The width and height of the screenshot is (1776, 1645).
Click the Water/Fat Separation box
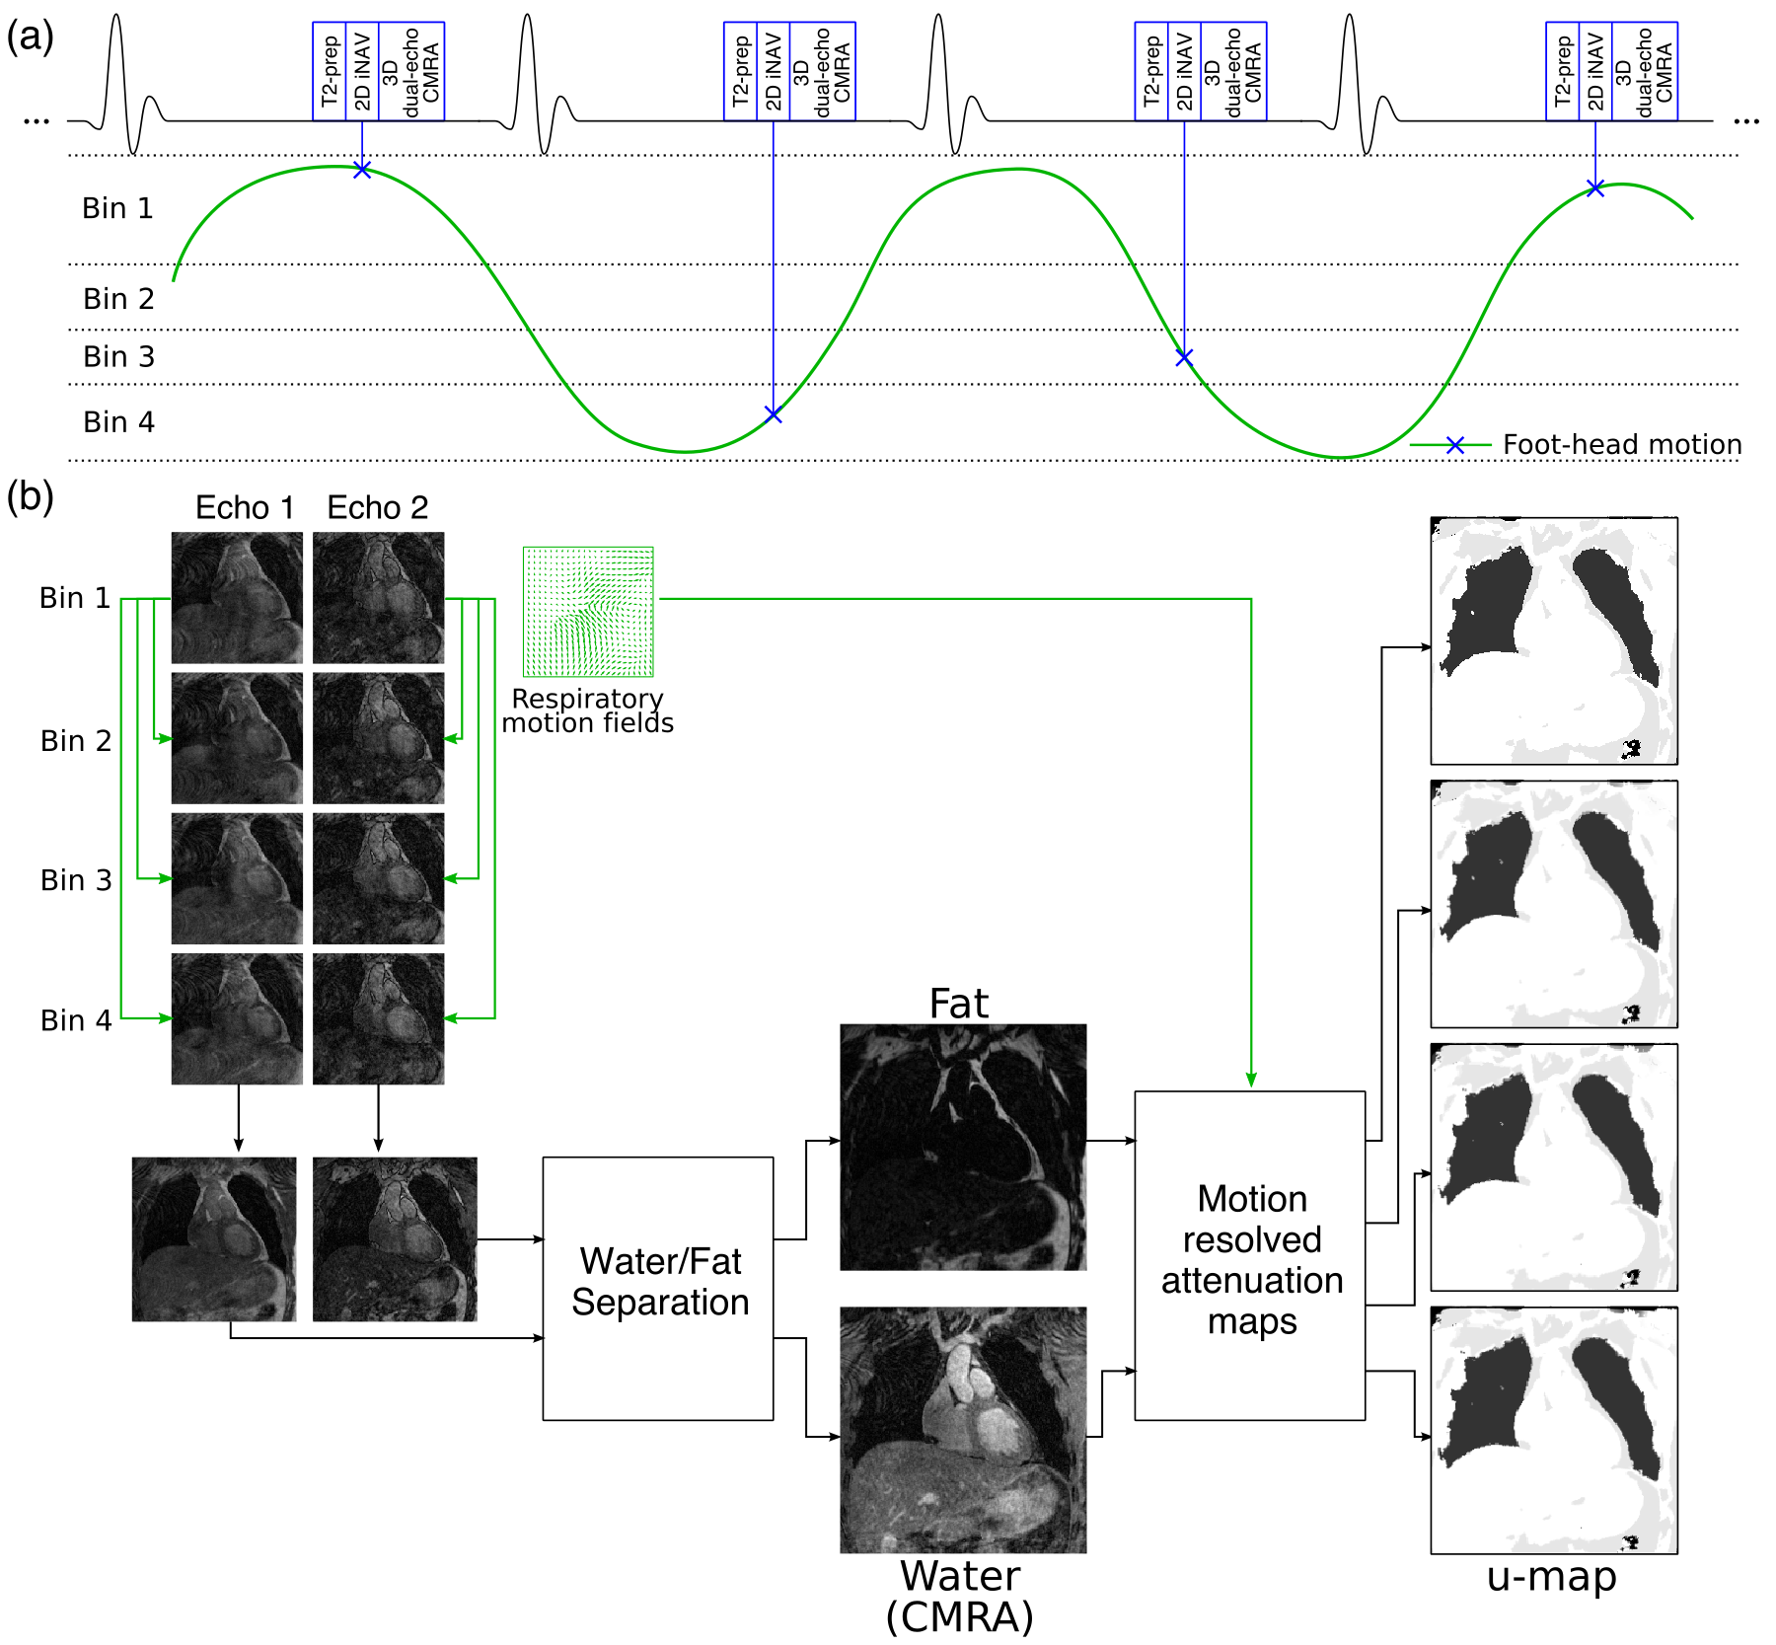click(x=658, y=1288)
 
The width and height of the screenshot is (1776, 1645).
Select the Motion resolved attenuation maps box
click(x=1250, y=1255)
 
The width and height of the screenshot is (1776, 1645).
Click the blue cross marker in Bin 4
click(x=774, y=414)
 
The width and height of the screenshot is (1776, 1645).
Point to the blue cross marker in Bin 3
click(x=1184, y=357)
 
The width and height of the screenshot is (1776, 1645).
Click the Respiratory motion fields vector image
click(x=588, y=612)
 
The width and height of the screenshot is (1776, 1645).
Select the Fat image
click(x=963, y=1147)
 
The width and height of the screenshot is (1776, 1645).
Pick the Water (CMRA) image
click(x=963, y=1430)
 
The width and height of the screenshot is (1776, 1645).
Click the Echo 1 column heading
click(x=245, y=508)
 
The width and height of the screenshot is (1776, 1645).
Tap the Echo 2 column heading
click(x=378, y=508)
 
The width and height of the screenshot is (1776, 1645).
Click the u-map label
click(x=1552, y=1577)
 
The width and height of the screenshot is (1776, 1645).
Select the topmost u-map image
click(x=1554, y=640)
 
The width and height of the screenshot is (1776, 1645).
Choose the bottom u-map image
click(x=1554, y=1430)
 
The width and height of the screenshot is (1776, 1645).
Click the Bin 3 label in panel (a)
click(x=118, y=356)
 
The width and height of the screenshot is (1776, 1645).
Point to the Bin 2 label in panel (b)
click(x=76, y=740)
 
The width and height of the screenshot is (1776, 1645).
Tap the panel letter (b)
click(x=30, y=496)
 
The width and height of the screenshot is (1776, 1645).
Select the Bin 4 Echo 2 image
click(x=378, y=1018)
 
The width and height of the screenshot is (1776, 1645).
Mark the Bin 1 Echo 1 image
click(x=237, y=598)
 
